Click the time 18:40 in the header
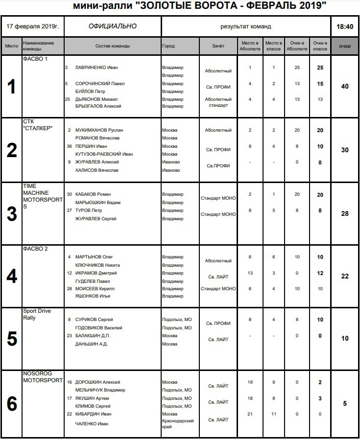click(345, 26)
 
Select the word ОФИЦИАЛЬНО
click(113, 26)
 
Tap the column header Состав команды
click(113, 46)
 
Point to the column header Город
click(168, 46)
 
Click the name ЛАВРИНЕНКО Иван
click(97, 68)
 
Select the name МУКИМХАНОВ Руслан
click(99, 130)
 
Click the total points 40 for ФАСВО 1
click(345, 87)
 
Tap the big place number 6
click(11, 404)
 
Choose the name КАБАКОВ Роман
click(93, 194)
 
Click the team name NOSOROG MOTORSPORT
click(43, 376)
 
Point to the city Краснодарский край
click(178, 423)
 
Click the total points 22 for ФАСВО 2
click(345, 277)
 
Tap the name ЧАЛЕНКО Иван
click(92, 424)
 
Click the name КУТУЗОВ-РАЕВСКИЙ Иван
click(104, 154)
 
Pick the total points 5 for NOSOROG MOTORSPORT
click(345, 404)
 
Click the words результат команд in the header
click(245, 26)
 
